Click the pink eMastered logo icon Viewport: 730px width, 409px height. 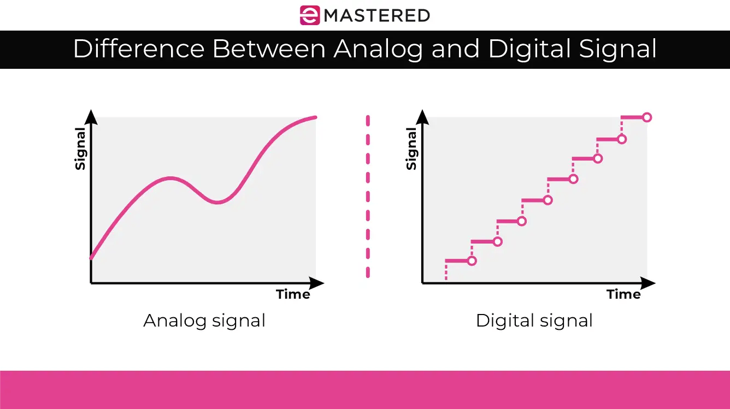click(309, 15)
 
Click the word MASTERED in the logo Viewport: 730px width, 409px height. click(376, 15)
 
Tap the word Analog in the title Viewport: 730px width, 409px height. click(378, 49)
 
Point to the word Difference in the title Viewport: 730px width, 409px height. click(139, 49)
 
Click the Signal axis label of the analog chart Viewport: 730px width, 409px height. click(80, 149)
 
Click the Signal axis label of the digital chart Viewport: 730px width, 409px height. click(411, 149)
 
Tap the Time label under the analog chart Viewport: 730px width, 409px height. click(293, 294)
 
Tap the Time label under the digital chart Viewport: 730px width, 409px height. click(623, 294)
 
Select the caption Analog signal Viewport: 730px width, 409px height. click(204, 321)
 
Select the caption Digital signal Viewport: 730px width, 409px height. click(534, 321)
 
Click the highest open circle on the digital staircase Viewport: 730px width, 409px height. click(647, 117)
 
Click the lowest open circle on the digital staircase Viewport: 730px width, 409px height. click(472, 261)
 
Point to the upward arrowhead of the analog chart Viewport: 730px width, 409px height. click(91, 117)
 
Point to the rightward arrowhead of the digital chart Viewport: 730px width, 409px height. click(648, 283)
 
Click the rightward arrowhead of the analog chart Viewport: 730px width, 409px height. click(317, 283)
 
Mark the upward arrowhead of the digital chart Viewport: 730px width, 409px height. click(422, 117)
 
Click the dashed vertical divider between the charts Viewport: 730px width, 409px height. click(368, 197)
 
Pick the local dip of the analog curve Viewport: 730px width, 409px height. click(217, 203)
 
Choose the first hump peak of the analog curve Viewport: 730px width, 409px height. click(171, 178)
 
